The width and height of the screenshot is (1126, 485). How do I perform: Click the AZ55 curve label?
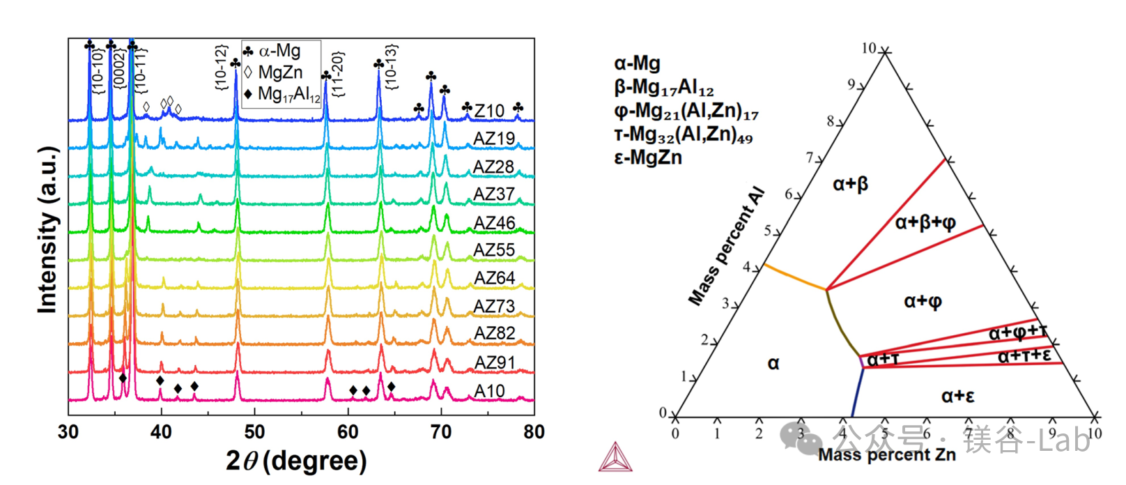(494, 250)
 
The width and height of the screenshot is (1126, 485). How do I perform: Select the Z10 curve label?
(489, 111)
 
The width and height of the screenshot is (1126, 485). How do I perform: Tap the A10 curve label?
(489, 391)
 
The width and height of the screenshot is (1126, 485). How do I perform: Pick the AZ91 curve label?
(494, 362)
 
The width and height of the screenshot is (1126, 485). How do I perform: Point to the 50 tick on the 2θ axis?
(254, 432)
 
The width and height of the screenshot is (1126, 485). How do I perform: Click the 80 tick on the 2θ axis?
(534, 432)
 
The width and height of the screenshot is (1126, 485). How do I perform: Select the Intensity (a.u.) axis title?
(47, 230)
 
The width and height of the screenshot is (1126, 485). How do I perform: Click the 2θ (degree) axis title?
(296, 461)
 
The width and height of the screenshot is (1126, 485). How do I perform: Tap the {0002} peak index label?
(119, 68)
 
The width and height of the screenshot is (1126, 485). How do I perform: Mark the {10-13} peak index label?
(391, 67)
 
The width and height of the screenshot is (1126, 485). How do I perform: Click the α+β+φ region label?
(925, 222)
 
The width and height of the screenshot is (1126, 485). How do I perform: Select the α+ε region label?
(957, 397)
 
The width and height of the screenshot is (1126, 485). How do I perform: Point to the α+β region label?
(850, 184)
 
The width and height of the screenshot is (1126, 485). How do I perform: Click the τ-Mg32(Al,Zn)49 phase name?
(683, 134)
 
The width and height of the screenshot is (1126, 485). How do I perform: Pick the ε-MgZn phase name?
(648, 157)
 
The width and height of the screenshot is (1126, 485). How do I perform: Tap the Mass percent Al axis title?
(727, 247)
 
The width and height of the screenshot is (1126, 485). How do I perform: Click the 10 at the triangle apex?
(868, 48)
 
